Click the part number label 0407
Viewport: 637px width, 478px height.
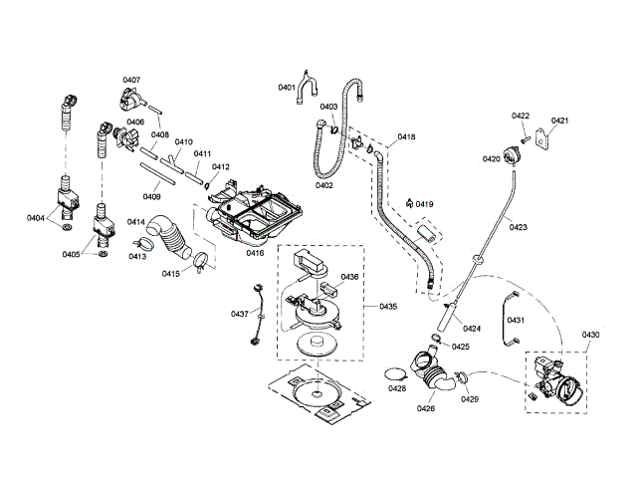pyautogui.click(x=131, y=80)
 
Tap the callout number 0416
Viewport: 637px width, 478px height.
pyautogui.click(x=256, y=253)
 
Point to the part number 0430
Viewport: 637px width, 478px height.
pyautogui.click(x=591, y=335)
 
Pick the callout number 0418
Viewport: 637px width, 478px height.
pyautogui.click(x=406, y=136)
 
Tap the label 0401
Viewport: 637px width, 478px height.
pyautogui.click(x=287, y=88)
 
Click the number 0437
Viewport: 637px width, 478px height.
pyautogui.click(x=240, y=314)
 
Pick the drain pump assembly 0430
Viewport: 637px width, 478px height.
pyautogui.click(x=555, y=381)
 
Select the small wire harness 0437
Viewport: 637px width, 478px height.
pyautogui.click(x=257, y=315)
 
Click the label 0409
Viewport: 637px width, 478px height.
pyautogui.click(x=152, y=196)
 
